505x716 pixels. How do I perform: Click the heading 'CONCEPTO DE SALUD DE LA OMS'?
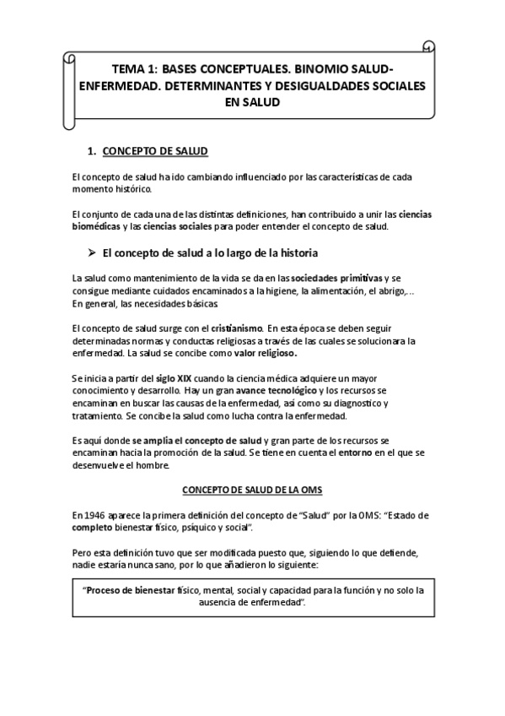click(252, 490)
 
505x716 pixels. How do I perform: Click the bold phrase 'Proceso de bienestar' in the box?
click(126, 592)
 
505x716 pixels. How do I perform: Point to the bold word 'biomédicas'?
click(96, 227)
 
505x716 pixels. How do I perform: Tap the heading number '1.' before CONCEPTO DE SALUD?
click(93, 152)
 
